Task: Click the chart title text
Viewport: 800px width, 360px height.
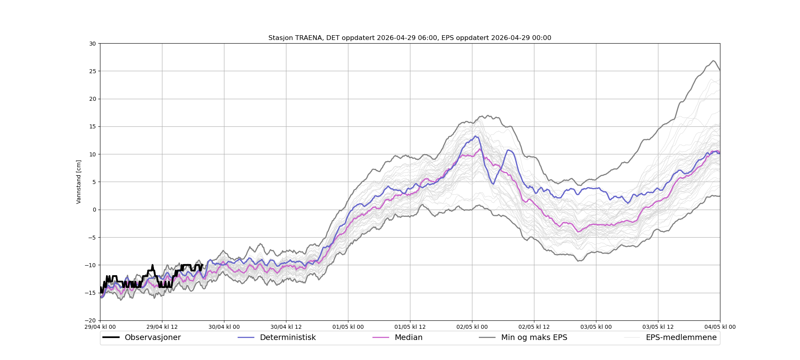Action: [x=410, y=38]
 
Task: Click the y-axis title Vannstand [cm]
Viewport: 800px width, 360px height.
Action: [x=79, y=182]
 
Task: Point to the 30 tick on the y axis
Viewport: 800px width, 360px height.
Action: [x=92, y=44]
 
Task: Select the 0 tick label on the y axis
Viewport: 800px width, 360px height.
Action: [x=94, y=210]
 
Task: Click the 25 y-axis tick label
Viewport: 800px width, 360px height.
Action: [x=92, y=71]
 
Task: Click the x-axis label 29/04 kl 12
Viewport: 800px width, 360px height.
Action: [x=162, y=327]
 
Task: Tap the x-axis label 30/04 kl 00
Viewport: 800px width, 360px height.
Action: [x=224, y=327]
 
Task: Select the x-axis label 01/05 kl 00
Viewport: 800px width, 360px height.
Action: [x=348, y=327]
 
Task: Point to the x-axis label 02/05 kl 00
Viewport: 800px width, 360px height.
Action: [x=472, y=327]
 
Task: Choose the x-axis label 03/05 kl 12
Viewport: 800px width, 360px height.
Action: [x=658, y=327]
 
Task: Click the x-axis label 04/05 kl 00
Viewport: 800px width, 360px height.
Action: [x=720, y=327]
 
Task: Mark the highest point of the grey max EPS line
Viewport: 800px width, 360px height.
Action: [x=714, y=60]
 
